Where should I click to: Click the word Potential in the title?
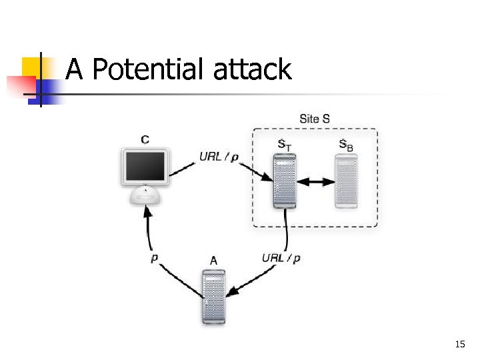pyautogui.click(x=150, y=69)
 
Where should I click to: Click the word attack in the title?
pyautogui.click(x=253, y=69)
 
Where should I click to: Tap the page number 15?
pyautogui.click(x=459, y=344)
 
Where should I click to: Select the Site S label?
pyautogui.click(x=315, y=119)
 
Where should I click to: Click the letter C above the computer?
pyautogui.click(x=145, y=139)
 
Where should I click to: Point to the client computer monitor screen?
pyautogui.click(x=144, y=167)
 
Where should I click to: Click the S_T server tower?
pyautogui.click(x=285, y=181)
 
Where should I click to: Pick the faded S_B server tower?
pyautogui.click(x=347, y=181)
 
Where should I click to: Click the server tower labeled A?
pyautogui.click(x=213, y=297)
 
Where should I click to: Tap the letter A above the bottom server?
pyautogui.click(x=213, y=261)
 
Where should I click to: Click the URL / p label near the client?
pyautogui.click(x=219, y=157)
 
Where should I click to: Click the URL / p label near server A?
pyautogui.click(x=281, y=258)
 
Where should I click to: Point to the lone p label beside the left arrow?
pyautogui.click(x=155, y=258)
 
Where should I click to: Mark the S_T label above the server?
pyautogui.click(x=284, y=145)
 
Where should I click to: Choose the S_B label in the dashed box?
pyautogui.click(x=346, y=145)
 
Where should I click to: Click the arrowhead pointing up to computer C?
pyautogui.click(x=149, y=213)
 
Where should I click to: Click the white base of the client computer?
pyautogui.click(x=145, y=196)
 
